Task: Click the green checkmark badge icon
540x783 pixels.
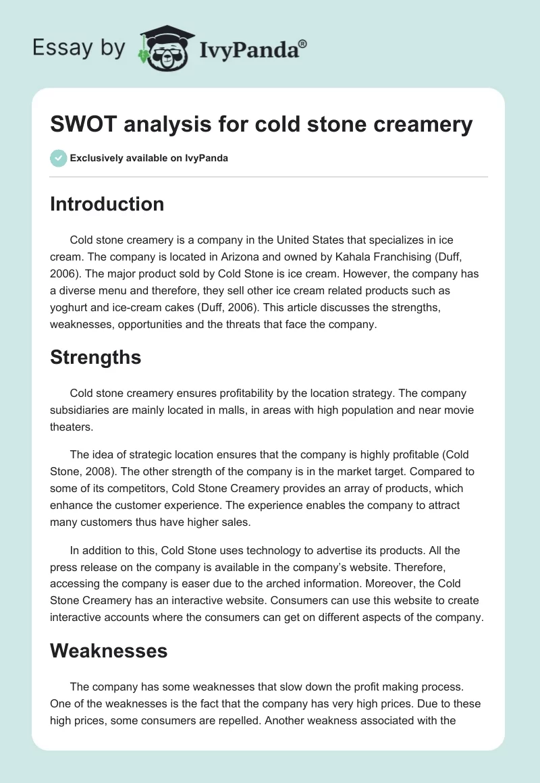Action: tap(58, 158)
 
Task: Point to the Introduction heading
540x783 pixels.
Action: tap(107, 204)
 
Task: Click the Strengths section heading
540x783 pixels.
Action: tap(95, 357)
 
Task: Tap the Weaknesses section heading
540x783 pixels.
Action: tap(108, 651)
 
